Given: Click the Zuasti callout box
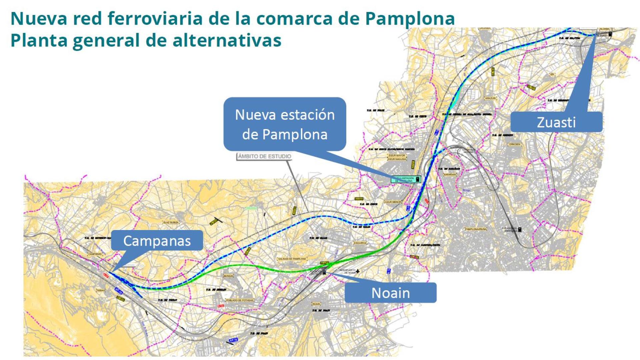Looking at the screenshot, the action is (x=556, y=122).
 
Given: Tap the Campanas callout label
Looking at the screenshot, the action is (x=157, y=241).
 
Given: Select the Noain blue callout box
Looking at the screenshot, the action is (x=390, y=293).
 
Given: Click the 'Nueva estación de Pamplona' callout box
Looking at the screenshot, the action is (x=285, y=124).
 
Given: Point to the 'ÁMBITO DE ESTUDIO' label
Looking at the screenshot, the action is (x=264, y=156).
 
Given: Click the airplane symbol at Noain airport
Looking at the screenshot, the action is (x=358, y=271).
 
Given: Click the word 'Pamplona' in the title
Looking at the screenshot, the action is (x=410, y=18).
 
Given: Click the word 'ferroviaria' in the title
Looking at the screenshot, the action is (x=155, y=18).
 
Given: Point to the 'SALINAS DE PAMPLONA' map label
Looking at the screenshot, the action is (x=292, y=259).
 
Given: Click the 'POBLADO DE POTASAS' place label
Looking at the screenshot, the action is (x=240, y=300).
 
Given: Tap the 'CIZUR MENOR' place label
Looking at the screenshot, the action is (x=393, y=202).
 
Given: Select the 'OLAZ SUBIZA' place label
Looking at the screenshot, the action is (x=171, y=222).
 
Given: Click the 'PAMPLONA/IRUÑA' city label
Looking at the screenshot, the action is (x=476, y=229).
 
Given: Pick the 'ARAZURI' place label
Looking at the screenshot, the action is (x=490, y=98).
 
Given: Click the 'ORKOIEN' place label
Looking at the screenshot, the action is (x=515, y=144).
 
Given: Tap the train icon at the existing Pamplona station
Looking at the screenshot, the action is (x=519, y=229).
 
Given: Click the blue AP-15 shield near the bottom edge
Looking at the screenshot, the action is (x=234, y=340).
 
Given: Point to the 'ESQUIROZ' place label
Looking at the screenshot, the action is (x=360, y=243).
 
